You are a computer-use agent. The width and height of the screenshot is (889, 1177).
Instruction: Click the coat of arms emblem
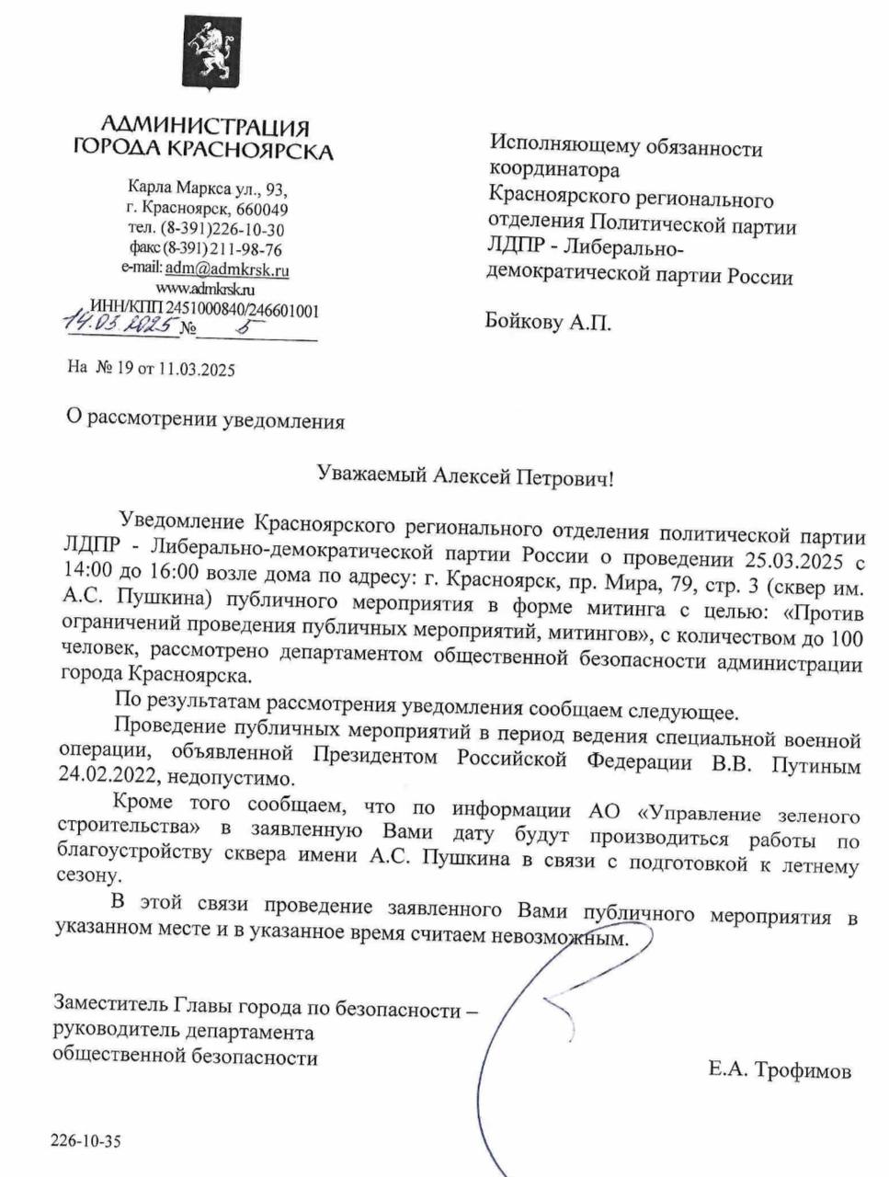(208, 54)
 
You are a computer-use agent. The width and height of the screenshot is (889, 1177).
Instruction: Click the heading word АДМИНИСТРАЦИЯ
(204, 125)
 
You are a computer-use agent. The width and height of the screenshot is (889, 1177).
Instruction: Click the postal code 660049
(262, 210)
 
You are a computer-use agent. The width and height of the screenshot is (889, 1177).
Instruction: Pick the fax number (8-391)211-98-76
(222, 249)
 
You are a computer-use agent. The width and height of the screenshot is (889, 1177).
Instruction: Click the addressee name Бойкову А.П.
(548, 322)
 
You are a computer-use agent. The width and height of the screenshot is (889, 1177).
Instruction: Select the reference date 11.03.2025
(196, 371)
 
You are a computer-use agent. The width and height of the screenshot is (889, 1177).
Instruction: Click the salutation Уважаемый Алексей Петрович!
(463, 476)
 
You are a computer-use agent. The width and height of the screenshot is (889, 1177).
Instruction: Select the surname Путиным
(815, 764)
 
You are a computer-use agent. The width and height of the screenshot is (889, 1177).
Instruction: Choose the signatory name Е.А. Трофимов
(780, 1070)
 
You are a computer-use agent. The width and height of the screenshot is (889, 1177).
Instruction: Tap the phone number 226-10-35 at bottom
(85, 1142)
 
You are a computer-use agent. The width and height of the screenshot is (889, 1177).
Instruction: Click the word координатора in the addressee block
(554, 170)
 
